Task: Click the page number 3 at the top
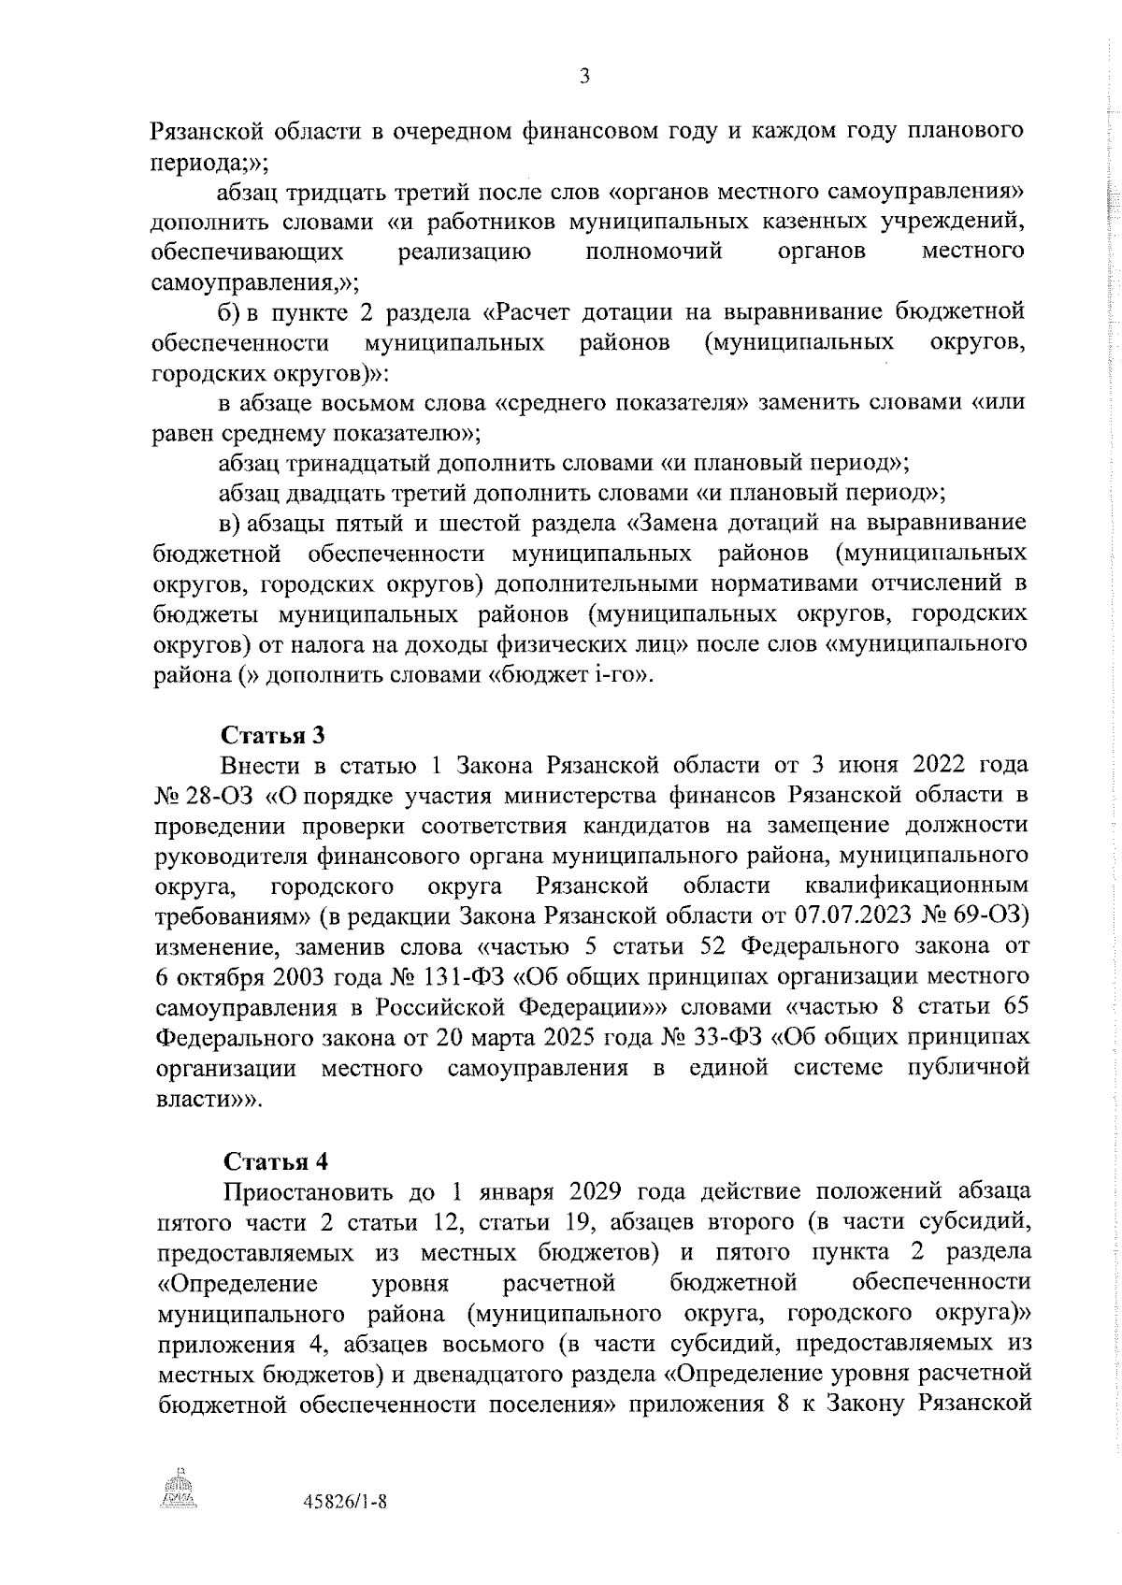584,79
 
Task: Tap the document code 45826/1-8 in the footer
346,1528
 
